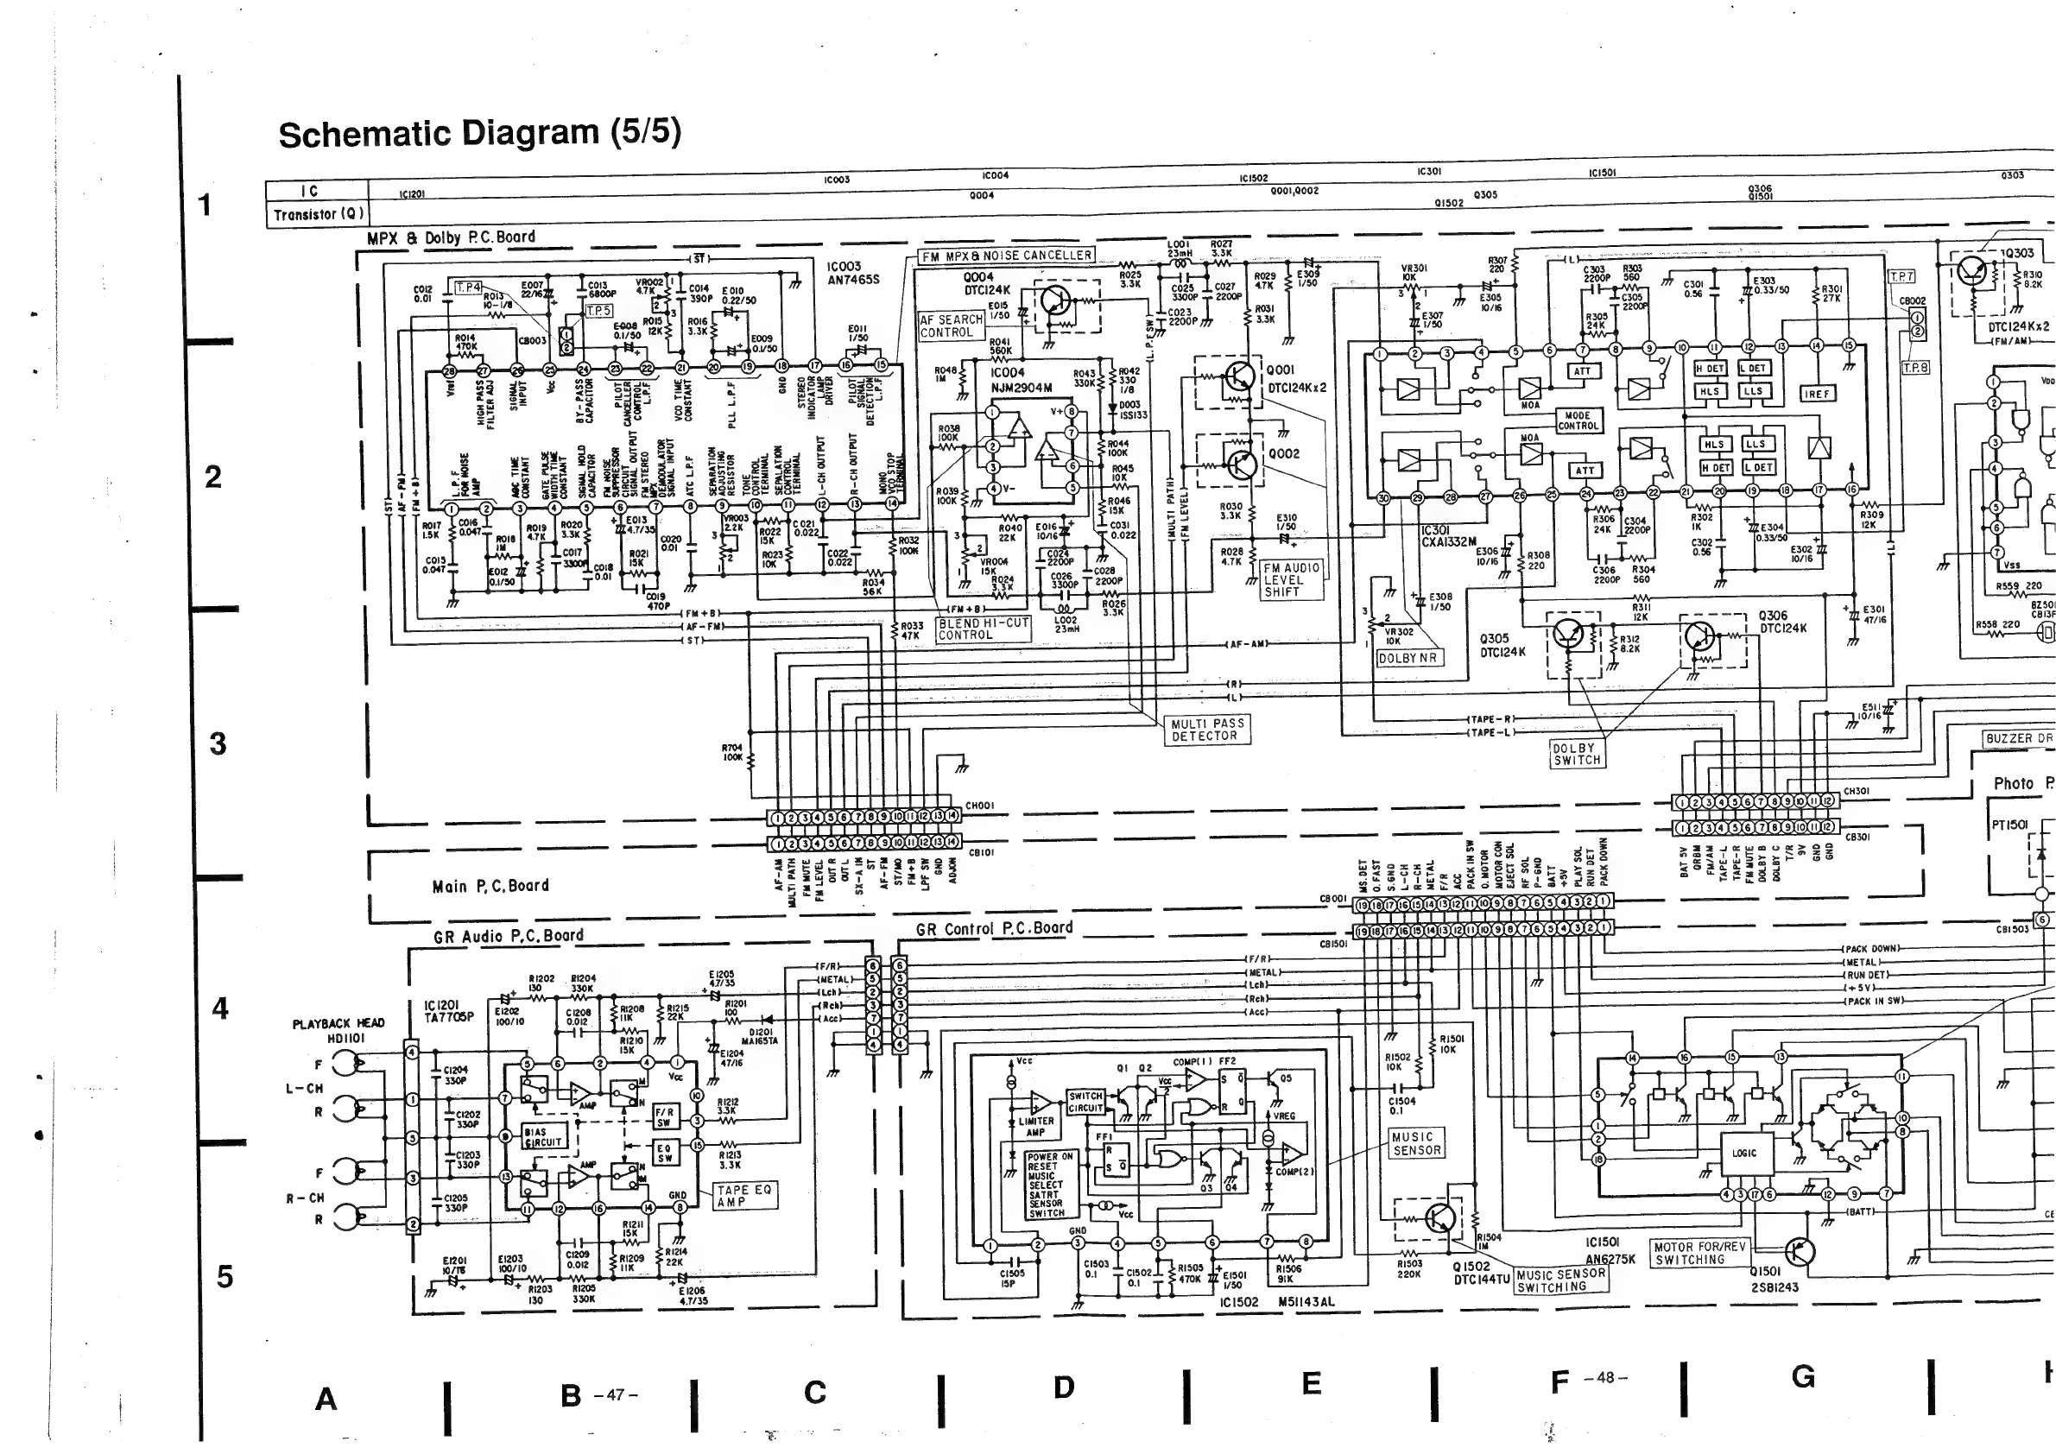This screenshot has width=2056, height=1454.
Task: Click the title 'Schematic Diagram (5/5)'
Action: [x=479, y=134]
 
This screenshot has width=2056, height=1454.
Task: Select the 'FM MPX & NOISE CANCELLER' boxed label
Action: [x=1007, y=256]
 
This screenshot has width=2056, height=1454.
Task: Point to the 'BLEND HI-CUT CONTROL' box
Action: [x=984, y=629]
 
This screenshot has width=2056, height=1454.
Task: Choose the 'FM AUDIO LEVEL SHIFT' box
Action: [x=1290, y=579]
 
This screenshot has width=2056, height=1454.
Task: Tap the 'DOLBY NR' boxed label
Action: [x=1407, y=658]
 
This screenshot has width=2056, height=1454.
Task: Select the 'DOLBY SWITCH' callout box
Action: [x=1577, y=754]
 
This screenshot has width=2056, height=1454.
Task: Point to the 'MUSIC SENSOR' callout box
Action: [x=1417, y=1143]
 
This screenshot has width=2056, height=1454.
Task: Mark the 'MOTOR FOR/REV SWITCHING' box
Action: [x=1699, y=1253]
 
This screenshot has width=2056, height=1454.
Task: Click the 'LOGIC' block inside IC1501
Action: [x=1744, y=1154]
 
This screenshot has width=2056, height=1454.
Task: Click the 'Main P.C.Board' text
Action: [x=490, y=886]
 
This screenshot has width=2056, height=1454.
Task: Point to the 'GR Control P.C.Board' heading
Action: [x=994, y=928]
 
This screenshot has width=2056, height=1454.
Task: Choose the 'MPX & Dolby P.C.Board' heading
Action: [x=452, y=237]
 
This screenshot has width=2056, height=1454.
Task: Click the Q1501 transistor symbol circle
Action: [x=1799, y=1252]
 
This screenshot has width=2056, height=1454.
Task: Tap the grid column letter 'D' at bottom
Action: [x=1064, y=1387]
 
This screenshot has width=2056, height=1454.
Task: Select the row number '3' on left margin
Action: [x=218, y=743]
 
